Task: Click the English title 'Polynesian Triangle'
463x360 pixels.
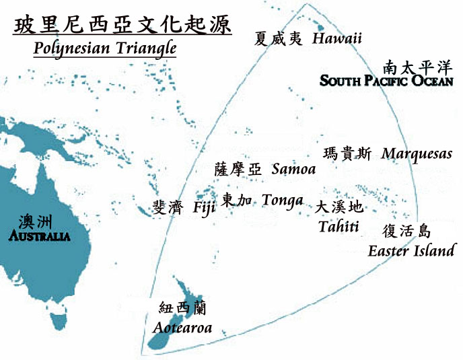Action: coord(104,48)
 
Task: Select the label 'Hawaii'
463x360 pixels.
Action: coord(337,38)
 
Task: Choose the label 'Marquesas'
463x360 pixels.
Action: coord(417,154)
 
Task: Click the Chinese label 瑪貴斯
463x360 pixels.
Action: coord(347,153)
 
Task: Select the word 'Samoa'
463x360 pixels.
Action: coord(293,169)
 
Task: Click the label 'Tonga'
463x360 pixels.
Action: coord(282,201)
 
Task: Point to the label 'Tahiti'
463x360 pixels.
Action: coord(339,226)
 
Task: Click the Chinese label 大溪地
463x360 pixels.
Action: coord(339,207)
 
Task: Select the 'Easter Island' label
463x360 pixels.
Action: coord(411,251)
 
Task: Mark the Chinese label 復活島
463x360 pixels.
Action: coord(406,231)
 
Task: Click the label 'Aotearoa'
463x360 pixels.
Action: coord(182,328)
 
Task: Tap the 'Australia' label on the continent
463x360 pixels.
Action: coord(39,236)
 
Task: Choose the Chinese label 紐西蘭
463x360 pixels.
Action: coord(182,309)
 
